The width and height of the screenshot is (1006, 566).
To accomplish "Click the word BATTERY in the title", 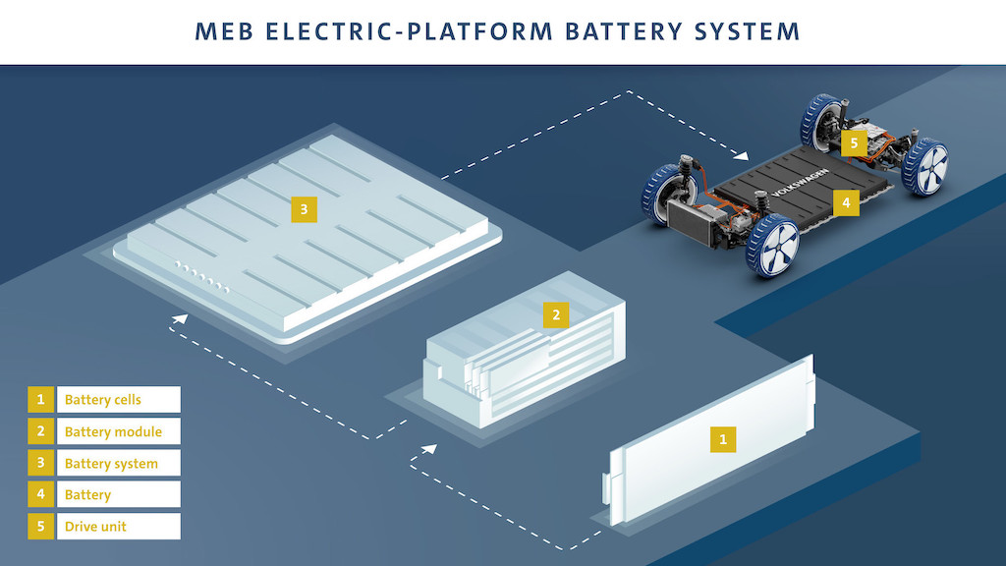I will (x=622, y=31).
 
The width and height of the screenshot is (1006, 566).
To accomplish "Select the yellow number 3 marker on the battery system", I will (x=305, y=208).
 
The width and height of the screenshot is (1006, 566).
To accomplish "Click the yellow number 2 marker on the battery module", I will (x=556, y=314).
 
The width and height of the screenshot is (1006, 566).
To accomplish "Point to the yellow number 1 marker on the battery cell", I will (x=723, y=438).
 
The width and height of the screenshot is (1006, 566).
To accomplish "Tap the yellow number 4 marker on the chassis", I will (x=847, y=203).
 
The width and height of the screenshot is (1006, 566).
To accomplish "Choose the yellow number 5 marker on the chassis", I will (x=854, y=143).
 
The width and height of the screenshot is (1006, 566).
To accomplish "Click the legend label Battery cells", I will (x=103, y=400).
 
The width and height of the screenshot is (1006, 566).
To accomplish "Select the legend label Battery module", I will (x=113, y=431).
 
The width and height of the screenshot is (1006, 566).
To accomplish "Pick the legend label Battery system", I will (x=111, y=463).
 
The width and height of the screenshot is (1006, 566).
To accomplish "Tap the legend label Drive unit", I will (x=95, y=526).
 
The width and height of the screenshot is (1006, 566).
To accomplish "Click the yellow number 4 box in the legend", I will (x=41, y=494).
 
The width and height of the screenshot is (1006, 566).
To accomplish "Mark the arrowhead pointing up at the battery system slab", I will (x=179, y=318).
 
